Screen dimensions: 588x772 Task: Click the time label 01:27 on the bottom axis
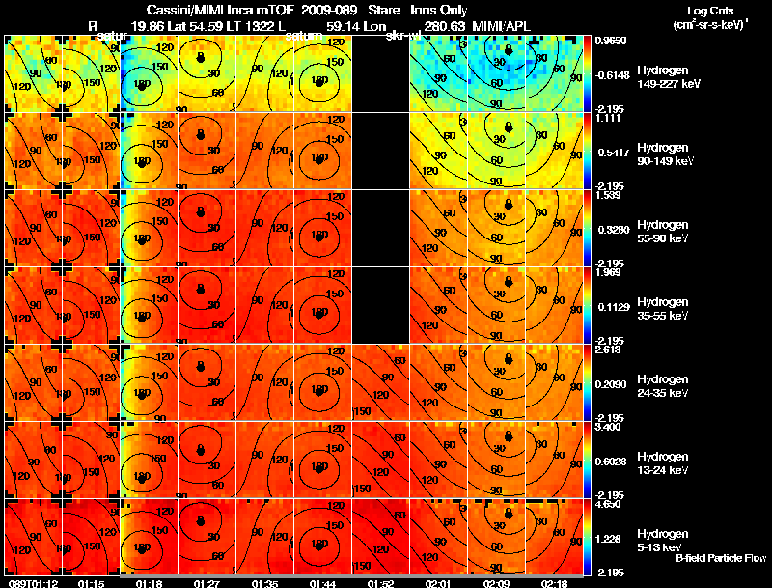[206, 582]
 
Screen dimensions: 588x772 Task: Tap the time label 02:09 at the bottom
[496, 582]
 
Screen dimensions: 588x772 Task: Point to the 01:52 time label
[380, 582]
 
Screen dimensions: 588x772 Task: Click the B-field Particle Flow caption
[721, 558]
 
